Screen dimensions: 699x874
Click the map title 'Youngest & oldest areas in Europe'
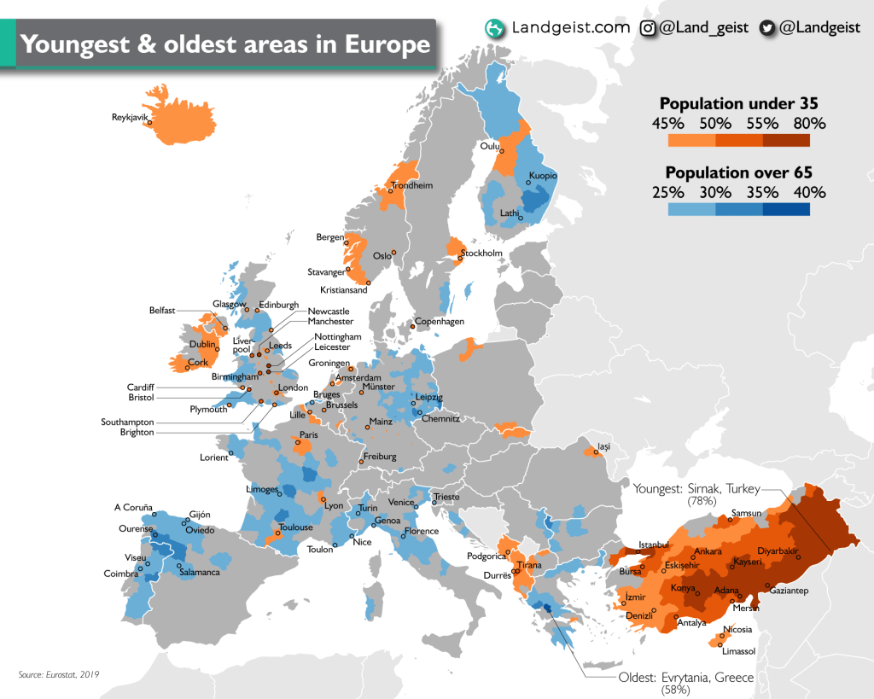[225, 44]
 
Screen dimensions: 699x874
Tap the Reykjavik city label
[131, 117]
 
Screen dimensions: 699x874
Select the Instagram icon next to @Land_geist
[649, 28]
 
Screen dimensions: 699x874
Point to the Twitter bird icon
[767, 28]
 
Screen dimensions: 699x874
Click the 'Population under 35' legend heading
[738, 103]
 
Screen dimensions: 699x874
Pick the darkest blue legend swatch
[786, 210]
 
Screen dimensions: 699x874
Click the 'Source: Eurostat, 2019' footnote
[59, 674]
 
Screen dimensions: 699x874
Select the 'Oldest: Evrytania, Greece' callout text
[686, 678]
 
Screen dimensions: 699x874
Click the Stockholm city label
[482, 253]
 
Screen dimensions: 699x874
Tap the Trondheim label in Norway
[412, 185]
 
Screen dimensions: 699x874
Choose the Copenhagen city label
[440, 322]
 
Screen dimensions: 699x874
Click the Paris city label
[309, 434]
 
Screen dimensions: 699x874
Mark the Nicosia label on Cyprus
[738, 630]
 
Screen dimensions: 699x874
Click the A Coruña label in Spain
[133, 507]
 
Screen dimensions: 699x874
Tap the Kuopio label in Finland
[543, 176]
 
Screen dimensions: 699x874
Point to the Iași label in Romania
[604, 446]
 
